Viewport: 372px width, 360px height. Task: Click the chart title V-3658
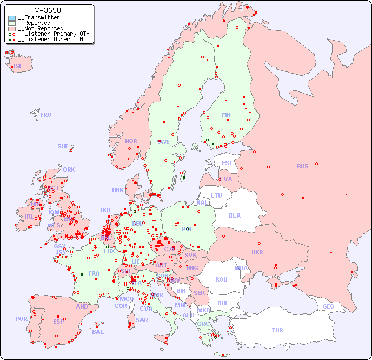tap(48, 10)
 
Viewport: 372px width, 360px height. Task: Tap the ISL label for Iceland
tap(18, 67)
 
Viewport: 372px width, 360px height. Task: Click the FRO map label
tap(46, 115)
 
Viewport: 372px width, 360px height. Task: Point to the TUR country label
tap(277, 330)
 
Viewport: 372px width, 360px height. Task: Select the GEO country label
tap(328, 306)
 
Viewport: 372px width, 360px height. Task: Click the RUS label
tap(302, 166)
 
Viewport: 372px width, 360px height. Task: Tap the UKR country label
tap(257, 252)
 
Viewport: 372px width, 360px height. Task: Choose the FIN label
tap(226, 115)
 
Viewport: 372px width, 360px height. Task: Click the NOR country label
tap(131, 141)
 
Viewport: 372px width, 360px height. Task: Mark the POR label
tap(21, 319)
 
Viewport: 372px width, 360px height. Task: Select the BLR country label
tap(234, 215)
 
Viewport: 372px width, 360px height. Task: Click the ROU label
tap(221, 279)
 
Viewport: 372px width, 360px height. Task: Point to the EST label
tap(227, 163)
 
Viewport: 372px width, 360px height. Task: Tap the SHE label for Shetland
tap(63, 146)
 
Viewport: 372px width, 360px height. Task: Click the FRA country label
tap(94, 273)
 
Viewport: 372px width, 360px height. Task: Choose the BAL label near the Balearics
tap(98, 332)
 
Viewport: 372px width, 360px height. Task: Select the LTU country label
tap(216, 195)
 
